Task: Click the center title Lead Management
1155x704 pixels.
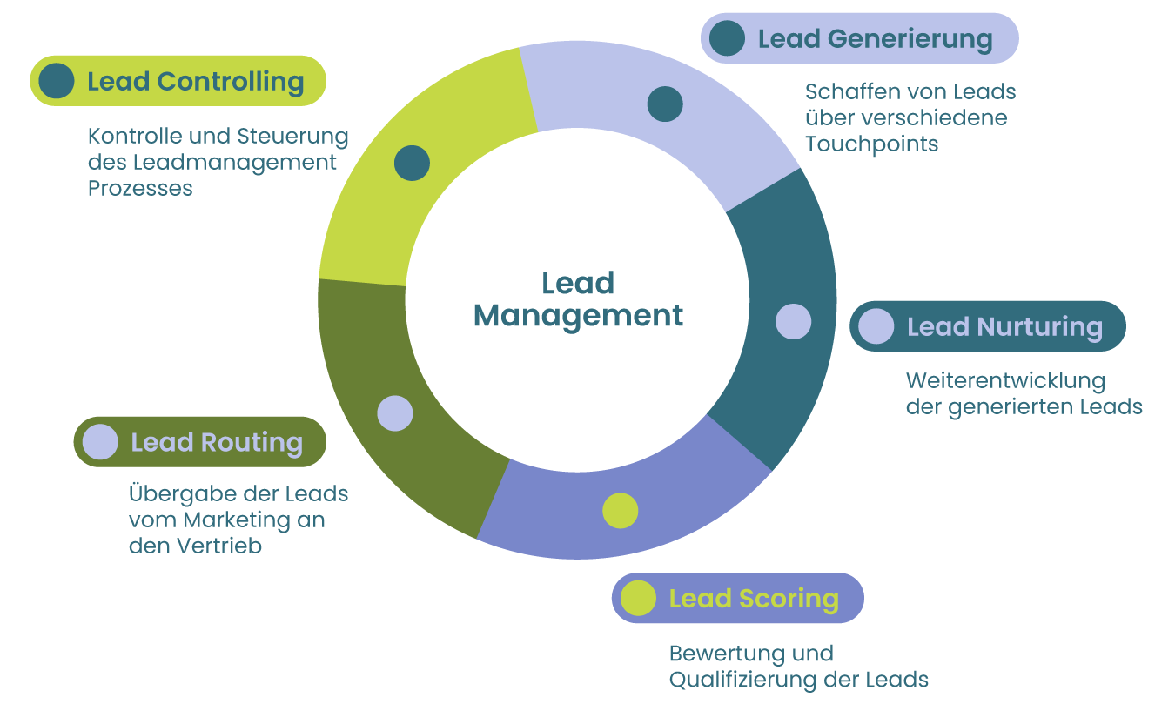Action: point(578,299)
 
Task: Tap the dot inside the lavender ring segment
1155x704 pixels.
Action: point(665,104)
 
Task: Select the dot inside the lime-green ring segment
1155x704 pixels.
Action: point(412,163)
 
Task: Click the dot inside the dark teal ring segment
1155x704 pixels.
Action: point(793,321)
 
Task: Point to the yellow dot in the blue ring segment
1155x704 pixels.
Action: point(621,511)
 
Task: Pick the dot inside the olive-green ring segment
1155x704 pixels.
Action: point(395,413)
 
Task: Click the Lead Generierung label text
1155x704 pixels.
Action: point(875,39)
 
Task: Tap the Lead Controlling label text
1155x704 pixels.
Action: point(195,82)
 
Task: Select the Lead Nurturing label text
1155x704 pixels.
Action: point(1004,327)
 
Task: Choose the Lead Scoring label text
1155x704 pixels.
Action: point(754,599)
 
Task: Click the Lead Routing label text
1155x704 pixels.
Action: point(217,442)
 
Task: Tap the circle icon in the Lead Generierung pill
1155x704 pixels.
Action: point(728,38)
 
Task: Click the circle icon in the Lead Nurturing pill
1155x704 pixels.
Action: point(876,326)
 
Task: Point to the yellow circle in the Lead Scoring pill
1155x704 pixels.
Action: point(638,598)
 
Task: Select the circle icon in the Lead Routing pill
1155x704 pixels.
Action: point(100,441)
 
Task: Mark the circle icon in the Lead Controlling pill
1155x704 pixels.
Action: point(57,81)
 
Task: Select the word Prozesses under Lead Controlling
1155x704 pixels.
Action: point(140,189)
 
